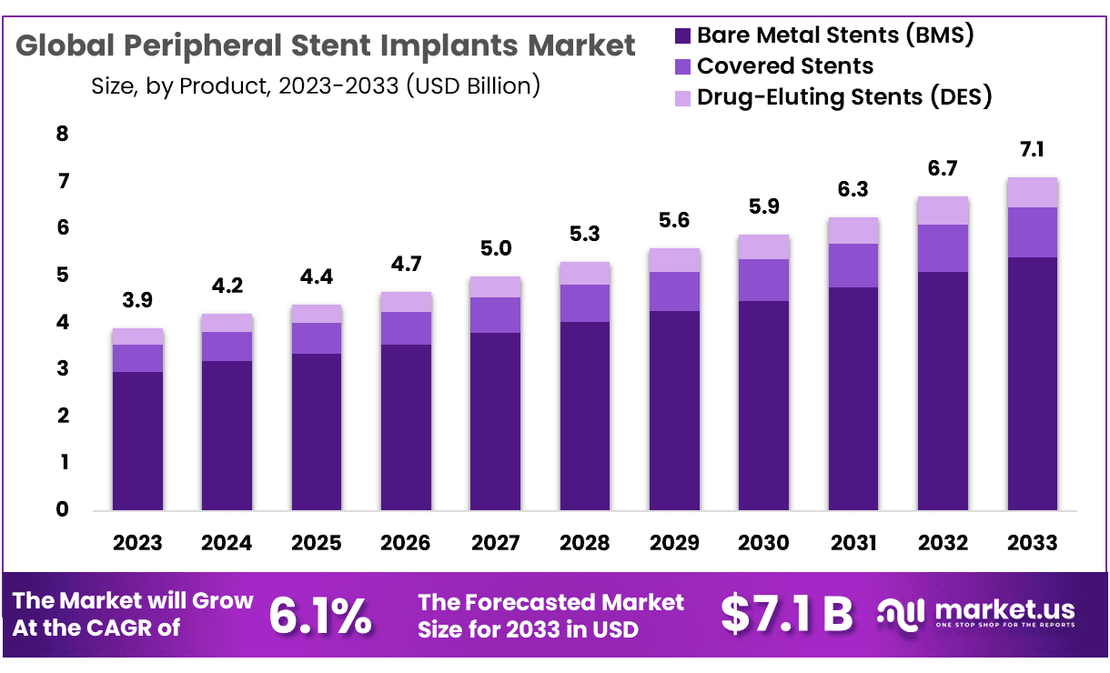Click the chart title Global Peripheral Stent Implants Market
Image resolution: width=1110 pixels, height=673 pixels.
(x=326, y=46)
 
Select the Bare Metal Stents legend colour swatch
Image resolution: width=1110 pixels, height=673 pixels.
(x=683, y=36)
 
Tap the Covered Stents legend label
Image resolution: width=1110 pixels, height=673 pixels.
(x=784, y=66)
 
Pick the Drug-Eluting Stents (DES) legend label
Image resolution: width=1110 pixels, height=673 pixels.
(x=843, y=96)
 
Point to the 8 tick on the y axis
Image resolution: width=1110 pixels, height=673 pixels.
(x=62, y=135)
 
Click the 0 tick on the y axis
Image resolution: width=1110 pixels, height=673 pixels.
(x=62, y=510)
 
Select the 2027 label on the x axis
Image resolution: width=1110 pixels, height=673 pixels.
(x=495, y=543)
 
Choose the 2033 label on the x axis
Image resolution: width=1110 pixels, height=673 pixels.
(x=1032, y=543)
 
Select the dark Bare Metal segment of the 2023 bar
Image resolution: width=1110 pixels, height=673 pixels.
(x=137, y=441)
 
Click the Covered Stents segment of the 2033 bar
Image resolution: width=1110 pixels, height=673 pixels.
(x=1032, y=233)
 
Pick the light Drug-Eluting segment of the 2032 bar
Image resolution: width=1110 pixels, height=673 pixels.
(x=943, y=211)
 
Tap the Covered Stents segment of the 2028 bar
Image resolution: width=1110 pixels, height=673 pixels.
(x=584, y=304)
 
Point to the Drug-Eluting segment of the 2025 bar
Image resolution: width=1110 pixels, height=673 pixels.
(x=316, y=315)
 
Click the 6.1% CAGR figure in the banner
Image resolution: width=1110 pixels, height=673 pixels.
(x=320, y=616)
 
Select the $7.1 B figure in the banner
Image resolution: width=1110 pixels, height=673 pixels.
(x=787, y=616)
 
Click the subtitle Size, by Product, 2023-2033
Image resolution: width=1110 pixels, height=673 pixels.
(x=316, y=86)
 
